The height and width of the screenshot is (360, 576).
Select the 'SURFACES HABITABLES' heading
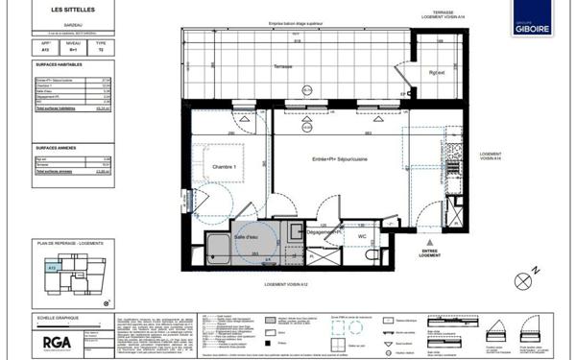(60, 67)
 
